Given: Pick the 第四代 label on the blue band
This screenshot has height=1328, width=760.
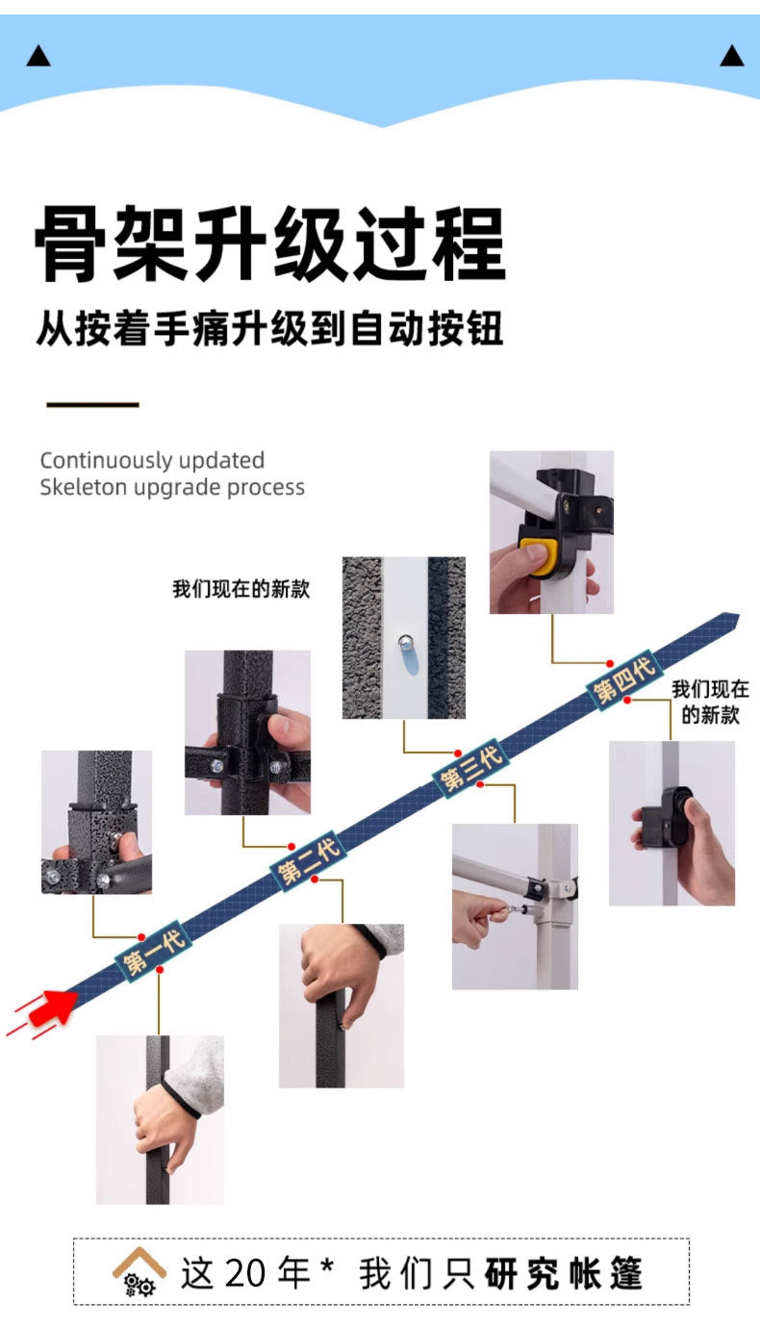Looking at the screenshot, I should (x=622, y=679).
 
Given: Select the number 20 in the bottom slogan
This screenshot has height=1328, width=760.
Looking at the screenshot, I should (x=246, y=1273).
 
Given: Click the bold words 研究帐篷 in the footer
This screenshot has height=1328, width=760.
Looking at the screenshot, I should (x=563, y=1273).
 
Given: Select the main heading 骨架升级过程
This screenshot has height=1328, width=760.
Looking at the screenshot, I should (x=270, y=245).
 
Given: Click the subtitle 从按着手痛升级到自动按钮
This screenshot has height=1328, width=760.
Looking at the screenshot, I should (x=270, y=328).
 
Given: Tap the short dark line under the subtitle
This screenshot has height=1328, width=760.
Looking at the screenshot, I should (x=93, y=404).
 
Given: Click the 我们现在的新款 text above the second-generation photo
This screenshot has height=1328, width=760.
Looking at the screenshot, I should (x=241, y=589).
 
